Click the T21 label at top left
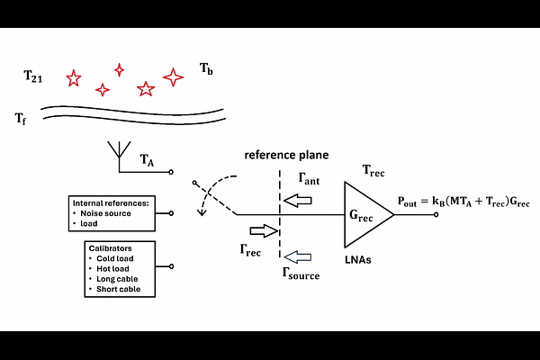point(33,78)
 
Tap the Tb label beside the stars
point(206,68)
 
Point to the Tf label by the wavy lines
point(20,118)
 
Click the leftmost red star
point(74,79)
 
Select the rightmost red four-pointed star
point(174,77)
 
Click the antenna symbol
point(117,152)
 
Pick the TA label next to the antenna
point(148,160)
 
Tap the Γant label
point(309,180)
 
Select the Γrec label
point(251,249)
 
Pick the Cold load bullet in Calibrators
point(113,257)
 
